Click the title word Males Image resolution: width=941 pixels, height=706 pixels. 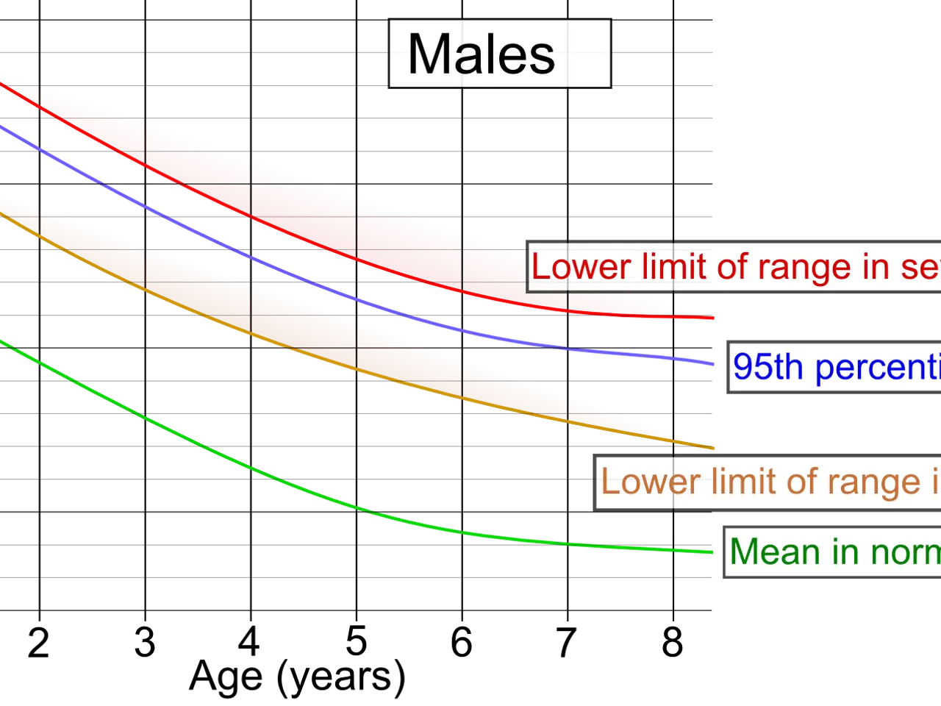(x=481, y=54)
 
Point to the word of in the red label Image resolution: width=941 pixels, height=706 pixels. (x=731, y=267)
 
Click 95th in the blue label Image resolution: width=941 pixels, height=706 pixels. (x=768, y=366)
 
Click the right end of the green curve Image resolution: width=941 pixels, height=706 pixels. (x=713, y=551)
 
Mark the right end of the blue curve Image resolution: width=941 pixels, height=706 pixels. (x=713, y=363)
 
